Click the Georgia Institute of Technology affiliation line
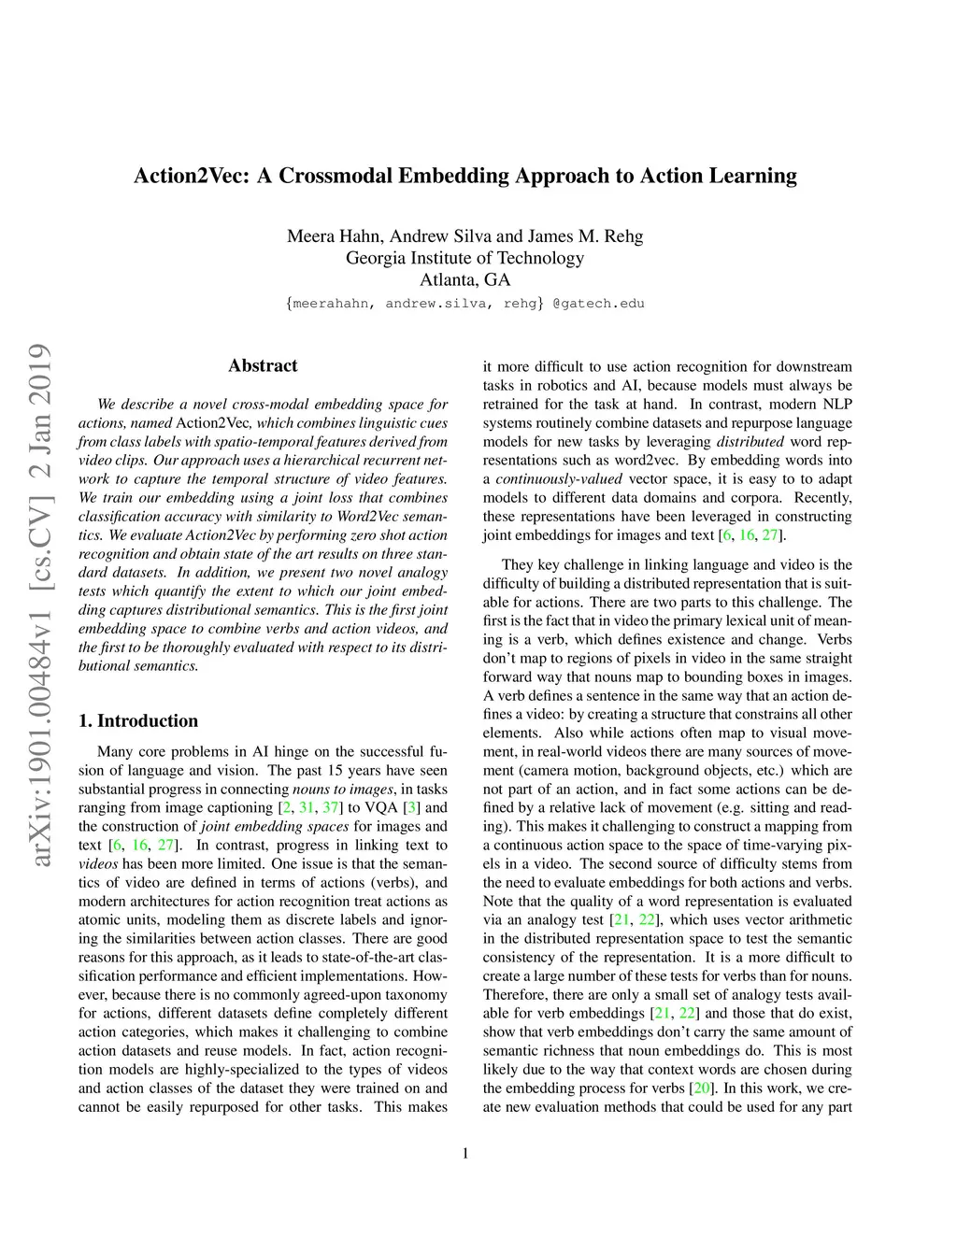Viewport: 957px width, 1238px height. coord(464,258)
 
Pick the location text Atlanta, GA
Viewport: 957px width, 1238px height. coord(464,279)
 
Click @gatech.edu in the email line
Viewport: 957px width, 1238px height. coord(599,304)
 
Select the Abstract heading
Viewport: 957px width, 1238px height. coord(263,365)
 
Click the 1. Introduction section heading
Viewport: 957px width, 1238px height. coord(138,720)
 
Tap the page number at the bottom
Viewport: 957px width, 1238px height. coord(465,1154)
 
